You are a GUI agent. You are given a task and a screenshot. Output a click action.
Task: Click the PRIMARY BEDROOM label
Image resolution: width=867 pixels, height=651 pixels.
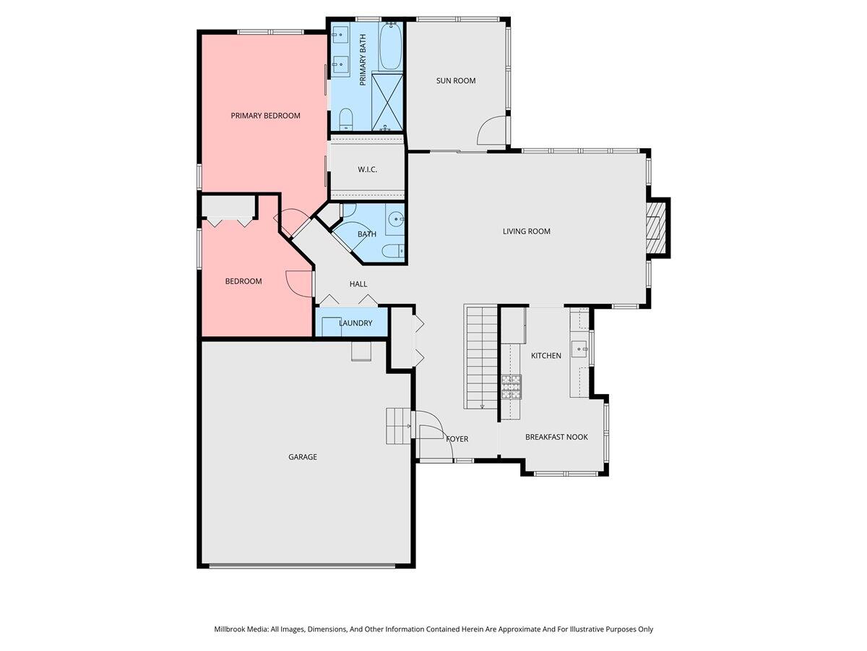tap(265, 116)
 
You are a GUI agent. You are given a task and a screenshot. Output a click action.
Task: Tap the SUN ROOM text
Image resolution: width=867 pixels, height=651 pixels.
tap(456, 80)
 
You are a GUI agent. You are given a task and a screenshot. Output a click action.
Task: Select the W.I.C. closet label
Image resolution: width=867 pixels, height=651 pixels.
tap(368, 170)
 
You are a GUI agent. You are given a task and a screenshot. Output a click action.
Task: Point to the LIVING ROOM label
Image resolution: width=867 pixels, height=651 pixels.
tap(527, 231)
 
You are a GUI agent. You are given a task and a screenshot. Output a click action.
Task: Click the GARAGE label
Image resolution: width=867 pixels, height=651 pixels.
tap(303, 457)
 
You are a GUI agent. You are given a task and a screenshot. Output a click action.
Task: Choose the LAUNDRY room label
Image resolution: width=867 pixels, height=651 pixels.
tap(355, 323)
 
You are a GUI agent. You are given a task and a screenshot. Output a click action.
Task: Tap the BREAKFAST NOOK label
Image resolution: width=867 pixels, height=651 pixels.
tap(556, 437)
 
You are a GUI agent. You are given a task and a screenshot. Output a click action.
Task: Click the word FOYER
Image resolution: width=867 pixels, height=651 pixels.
tap(457, 439)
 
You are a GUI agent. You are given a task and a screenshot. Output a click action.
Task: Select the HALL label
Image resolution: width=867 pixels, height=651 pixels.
tap(358, 284)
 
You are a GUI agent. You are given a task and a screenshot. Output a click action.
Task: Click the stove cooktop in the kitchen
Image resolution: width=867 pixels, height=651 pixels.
tap(512, 387)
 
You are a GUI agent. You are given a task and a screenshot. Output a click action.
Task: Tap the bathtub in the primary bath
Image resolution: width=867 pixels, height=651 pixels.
tap(390, 46)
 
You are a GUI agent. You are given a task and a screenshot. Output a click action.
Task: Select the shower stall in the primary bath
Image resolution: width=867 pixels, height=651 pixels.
tap(388, 101)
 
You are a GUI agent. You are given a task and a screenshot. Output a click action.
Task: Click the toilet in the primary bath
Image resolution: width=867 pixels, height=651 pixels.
tap(345, 119)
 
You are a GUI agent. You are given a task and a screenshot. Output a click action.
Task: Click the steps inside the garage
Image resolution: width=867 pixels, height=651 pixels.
tap(397, 426)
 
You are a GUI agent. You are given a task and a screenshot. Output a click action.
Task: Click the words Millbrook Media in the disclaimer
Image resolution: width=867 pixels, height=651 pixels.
tap(241, 629)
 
